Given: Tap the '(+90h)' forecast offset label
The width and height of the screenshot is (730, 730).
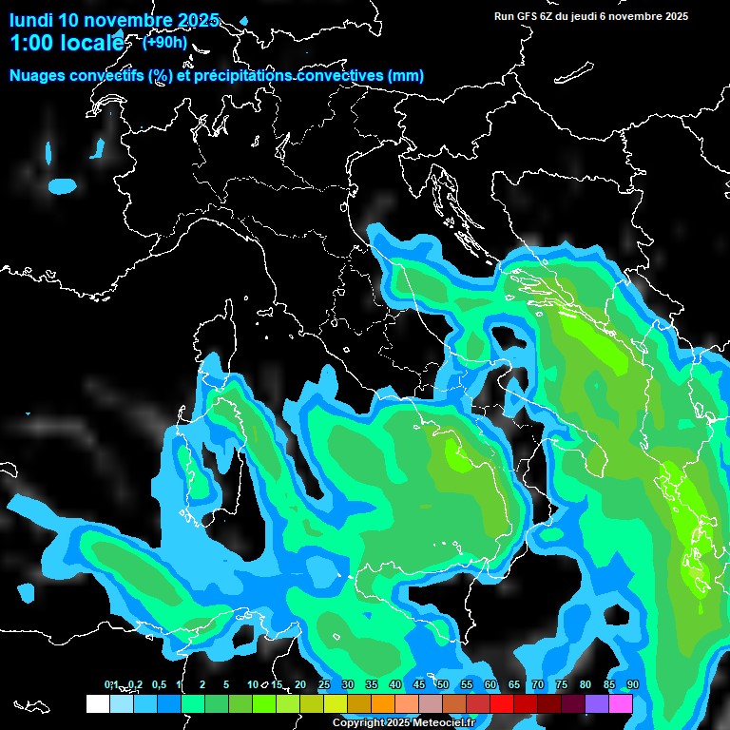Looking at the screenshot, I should [164, 42].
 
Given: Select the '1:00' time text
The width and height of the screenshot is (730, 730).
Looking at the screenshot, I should [30, 43].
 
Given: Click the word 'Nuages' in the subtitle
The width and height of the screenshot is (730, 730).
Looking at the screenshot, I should [39, 76].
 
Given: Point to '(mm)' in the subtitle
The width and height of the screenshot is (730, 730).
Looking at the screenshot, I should [406, 76].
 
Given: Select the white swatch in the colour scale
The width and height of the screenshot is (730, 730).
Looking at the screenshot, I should [97, 703].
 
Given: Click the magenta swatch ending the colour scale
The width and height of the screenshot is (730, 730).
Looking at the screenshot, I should [621, 703].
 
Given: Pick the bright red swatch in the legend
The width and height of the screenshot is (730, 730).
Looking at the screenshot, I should [502, 703].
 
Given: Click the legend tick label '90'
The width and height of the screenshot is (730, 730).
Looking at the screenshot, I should [633, 684].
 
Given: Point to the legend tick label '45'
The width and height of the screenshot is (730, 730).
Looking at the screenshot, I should [419, 684].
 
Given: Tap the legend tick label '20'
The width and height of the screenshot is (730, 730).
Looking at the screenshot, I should [300, 684].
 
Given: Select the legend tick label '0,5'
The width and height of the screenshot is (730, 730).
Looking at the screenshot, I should [158, 684].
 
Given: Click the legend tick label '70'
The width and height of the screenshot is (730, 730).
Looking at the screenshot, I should [538, 684].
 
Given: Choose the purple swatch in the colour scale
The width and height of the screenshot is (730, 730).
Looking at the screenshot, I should [597, 703].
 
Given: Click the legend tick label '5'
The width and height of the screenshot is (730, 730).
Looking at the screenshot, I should [226, 684].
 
